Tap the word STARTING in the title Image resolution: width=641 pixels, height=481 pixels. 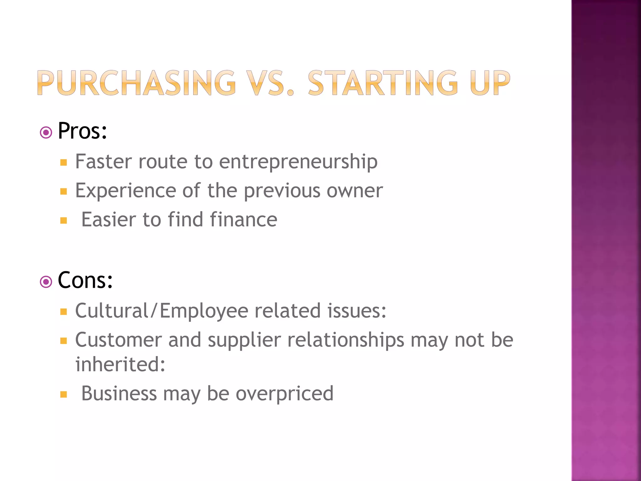383,83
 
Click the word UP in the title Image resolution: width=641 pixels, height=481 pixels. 490,83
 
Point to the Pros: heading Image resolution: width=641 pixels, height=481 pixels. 82,131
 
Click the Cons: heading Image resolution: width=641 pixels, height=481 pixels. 85,280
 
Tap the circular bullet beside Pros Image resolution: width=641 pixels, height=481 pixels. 46,133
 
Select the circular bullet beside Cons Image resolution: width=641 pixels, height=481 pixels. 46,282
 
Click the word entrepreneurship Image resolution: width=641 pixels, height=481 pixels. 298,162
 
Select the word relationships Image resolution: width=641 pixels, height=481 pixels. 346,340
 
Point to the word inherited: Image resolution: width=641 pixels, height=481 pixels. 120,364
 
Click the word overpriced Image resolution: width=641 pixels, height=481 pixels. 285,393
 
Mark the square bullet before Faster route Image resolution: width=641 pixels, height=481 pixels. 64,163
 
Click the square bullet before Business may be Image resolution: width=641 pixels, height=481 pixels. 64,394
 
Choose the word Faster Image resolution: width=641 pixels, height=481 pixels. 104,162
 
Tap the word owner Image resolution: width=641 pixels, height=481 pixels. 355,190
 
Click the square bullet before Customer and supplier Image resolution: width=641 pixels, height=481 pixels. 64,341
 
